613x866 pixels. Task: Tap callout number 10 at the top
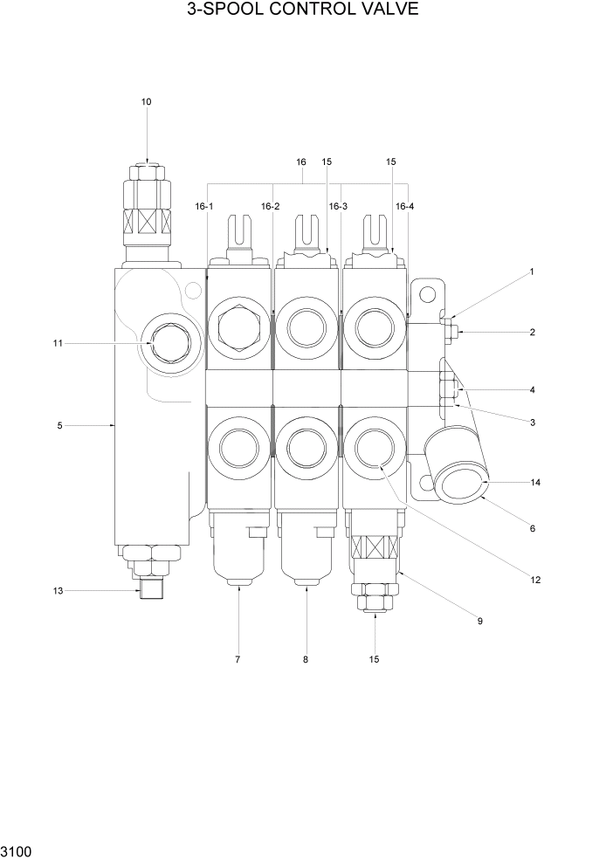(147, 102)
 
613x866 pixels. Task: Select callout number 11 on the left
(58, 343)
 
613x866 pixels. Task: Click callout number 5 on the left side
(59, 425)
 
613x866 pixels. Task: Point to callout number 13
(58, 591)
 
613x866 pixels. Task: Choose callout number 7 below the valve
(237, 659)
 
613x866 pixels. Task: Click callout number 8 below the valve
(306, 659)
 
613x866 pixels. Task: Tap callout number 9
(479, 621)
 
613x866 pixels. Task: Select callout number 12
(535, 579)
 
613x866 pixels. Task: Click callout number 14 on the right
(535, 482)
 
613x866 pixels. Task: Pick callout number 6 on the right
(532, 528)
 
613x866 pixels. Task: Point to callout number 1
(531, 271)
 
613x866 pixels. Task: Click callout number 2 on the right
(532, 332)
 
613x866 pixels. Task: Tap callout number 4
(532, 389)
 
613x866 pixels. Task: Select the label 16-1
(204, 206)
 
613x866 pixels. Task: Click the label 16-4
(404, 206)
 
